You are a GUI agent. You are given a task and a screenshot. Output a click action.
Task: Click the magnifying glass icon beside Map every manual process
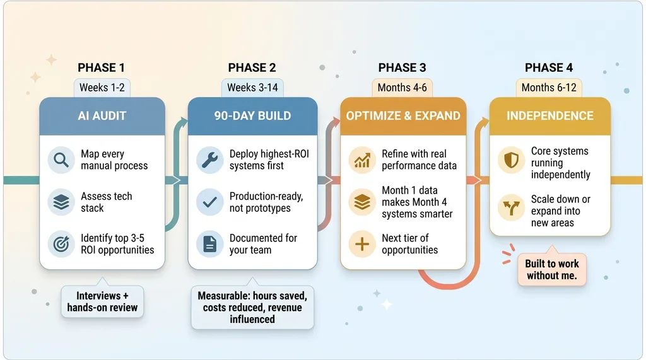[x=61, y=160]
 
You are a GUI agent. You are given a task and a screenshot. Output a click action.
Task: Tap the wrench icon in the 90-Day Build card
[x=209, y=160]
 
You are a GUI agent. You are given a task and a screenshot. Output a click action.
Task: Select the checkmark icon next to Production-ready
[x=209, y=202]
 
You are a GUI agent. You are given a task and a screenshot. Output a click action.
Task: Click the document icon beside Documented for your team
[x=209, y=244]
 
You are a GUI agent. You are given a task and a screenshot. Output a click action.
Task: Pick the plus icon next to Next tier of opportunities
[x=361, y=244]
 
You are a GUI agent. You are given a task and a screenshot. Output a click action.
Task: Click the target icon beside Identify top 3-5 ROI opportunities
[x=61, y=244]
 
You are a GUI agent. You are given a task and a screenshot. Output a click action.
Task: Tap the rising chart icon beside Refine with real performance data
[x=361, y=160]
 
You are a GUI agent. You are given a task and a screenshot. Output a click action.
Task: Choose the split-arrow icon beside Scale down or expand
[x=511, y=208]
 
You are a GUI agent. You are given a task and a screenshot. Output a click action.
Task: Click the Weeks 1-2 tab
[x=102, y=88]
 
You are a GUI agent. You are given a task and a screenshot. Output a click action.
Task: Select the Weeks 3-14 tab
[x=252, y=88]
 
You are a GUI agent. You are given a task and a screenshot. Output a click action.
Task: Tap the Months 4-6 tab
[x=402, y=88]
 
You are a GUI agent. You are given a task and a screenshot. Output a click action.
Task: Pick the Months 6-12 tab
[x=549, y=88]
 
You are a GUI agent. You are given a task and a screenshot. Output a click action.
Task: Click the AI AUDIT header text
[x=102, y=116]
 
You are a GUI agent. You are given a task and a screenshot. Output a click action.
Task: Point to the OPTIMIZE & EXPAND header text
[x=403, y=116]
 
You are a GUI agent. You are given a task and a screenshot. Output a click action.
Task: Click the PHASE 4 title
[x=549, y=67]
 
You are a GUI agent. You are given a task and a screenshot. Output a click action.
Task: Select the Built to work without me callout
[x=552, y=269]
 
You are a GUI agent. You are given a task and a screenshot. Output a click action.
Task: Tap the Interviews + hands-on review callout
[x=102, y=301]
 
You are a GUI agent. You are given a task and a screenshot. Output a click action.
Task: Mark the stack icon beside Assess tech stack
[x=61, y=202]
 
